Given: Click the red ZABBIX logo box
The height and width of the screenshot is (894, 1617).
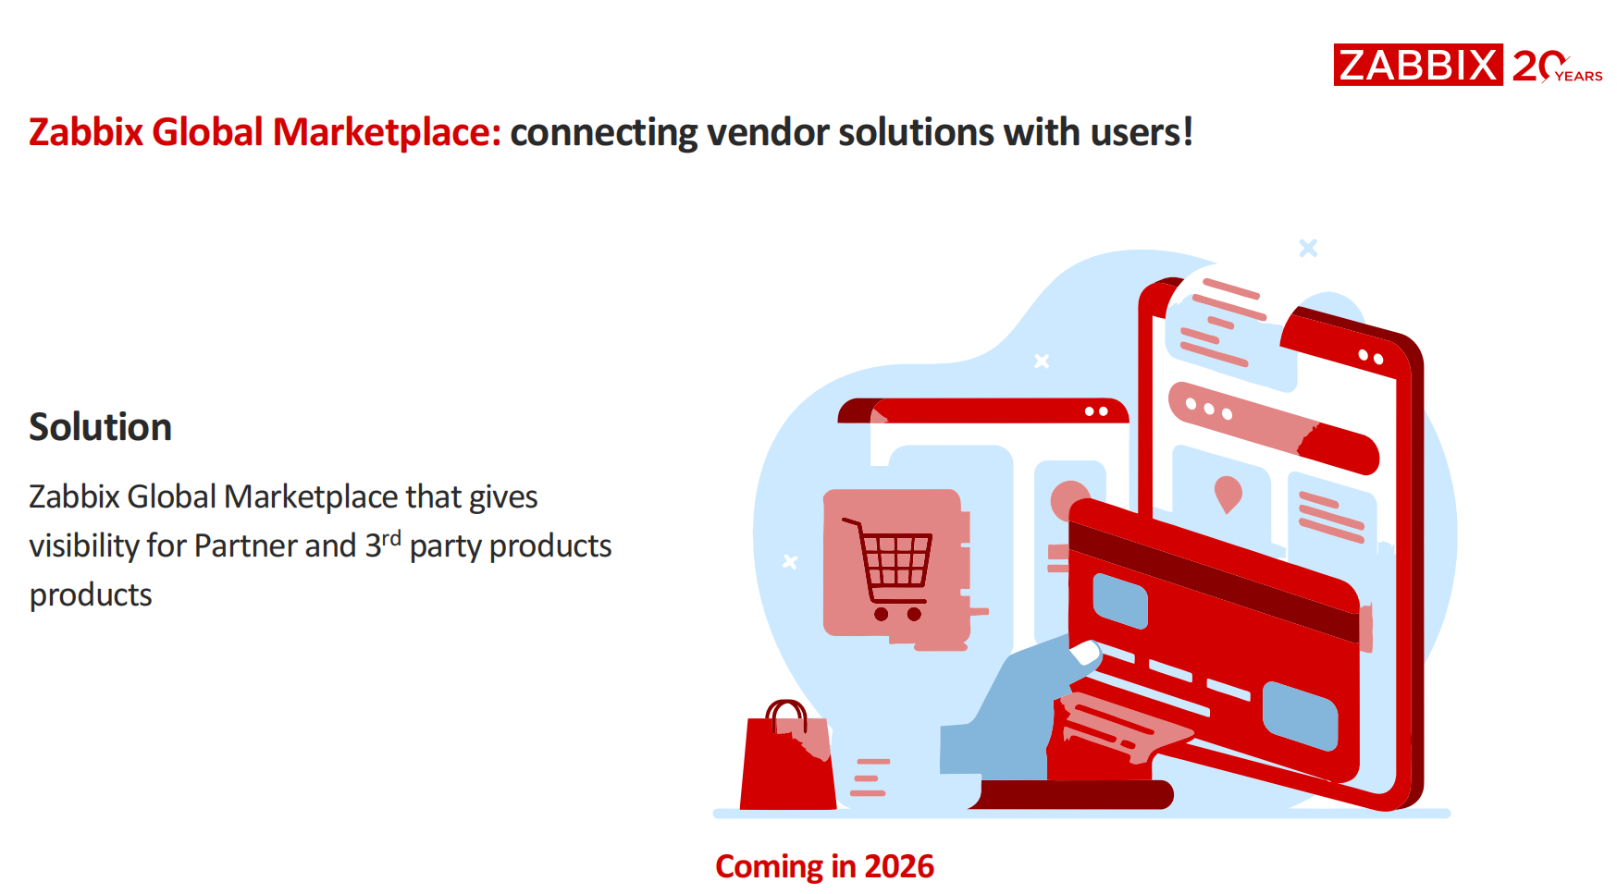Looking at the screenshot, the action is pyautogui.click(x=1417, y=65).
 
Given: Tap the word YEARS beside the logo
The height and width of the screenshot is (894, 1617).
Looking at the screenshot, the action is pyautogui.click(x=1579, y=77).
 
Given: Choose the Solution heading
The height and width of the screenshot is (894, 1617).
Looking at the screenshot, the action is pyautogui.click(x=101, y=427).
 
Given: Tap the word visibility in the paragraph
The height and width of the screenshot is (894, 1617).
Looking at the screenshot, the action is pyautogui.click(x=83, y=546).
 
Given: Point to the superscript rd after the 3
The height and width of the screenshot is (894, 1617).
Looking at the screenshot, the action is pyautogui.click(x=391, y=537).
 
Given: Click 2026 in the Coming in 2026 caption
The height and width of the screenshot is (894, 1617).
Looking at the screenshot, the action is pyautogui.click(x=899, y=866).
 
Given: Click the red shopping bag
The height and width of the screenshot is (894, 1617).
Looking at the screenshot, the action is pyautogui.click(x=788, y=762).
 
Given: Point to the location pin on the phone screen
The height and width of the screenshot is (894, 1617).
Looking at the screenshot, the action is pyautogui.click(x=1228, y=493).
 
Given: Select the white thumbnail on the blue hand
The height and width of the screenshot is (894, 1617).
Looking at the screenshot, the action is pyautogui.click(x=1085, y=654).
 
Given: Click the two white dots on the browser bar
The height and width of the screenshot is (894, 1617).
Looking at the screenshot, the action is pyautogui.click(x=1096, y=411).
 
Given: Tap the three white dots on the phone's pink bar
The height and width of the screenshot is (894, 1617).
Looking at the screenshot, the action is pyautogui.click(x=1209, y=409).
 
